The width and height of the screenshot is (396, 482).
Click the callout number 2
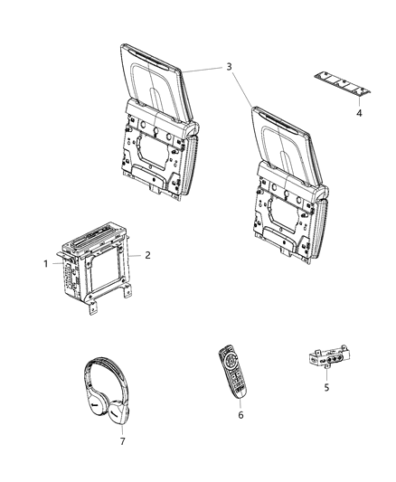click(146, 256)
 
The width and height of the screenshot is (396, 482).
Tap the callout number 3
click(230, 66)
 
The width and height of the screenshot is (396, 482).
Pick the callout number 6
click(240, 415)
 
